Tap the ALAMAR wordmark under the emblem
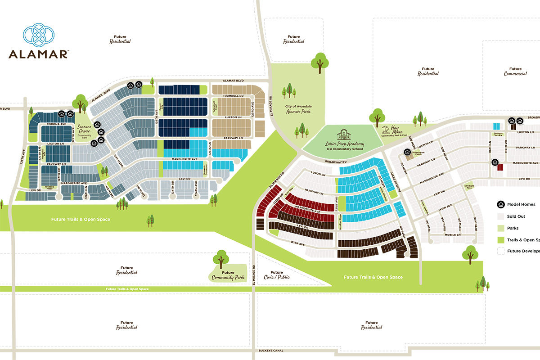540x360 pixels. (38, 54)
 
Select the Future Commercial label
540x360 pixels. (515, 71)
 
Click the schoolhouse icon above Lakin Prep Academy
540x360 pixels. (344, 135)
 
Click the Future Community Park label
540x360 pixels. (228, 275)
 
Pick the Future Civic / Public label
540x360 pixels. (277, 274)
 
